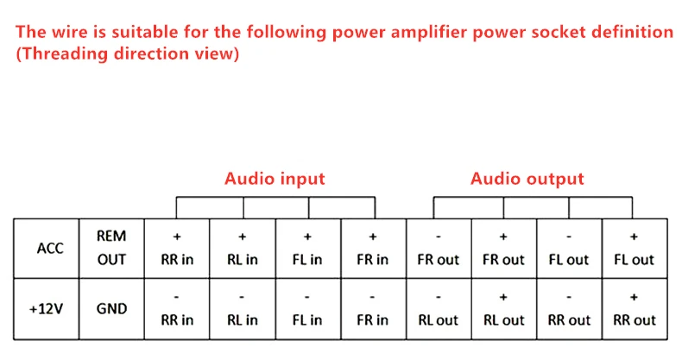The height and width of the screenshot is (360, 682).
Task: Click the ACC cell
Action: (47, 249)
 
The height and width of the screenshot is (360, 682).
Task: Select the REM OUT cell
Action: (111, 249)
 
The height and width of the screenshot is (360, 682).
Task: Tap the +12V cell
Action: (47, 309)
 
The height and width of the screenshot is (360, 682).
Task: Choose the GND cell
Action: (111, 309)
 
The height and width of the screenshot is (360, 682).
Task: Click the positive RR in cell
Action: (177, 249)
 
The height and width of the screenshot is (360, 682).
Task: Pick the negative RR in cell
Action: (177, 309)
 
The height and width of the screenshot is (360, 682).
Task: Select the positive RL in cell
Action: (243, 249)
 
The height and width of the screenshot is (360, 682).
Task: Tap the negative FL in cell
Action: (308, 309)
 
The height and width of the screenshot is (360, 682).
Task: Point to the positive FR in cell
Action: (374, 249)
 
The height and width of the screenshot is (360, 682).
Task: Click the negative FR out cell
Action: (439, 249)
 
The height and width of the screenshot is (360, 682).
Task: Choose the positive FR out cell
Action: (504, 249)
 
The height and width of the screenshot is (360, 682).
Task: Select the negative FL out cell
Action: (570, 249)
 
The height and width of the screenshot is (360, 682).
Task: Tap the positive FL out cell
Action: (635, 249)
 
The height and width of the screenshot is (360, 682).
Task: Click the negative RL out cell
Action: (439, 309)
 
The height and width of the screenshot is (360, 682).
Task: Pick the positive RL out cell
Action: (504, 309)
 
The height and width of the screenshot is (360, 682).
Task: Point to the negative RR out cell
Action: (570, 309)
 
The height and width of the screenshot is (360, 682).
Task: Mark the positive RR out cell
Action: (635, 309)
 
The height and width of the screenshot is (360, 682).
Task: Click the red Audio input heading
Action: (275, 179)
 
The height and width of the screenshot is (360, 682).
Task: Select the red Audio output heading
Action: (527, 179)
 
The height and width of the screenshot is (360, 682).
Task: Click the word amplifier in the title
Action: (428, 33)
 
